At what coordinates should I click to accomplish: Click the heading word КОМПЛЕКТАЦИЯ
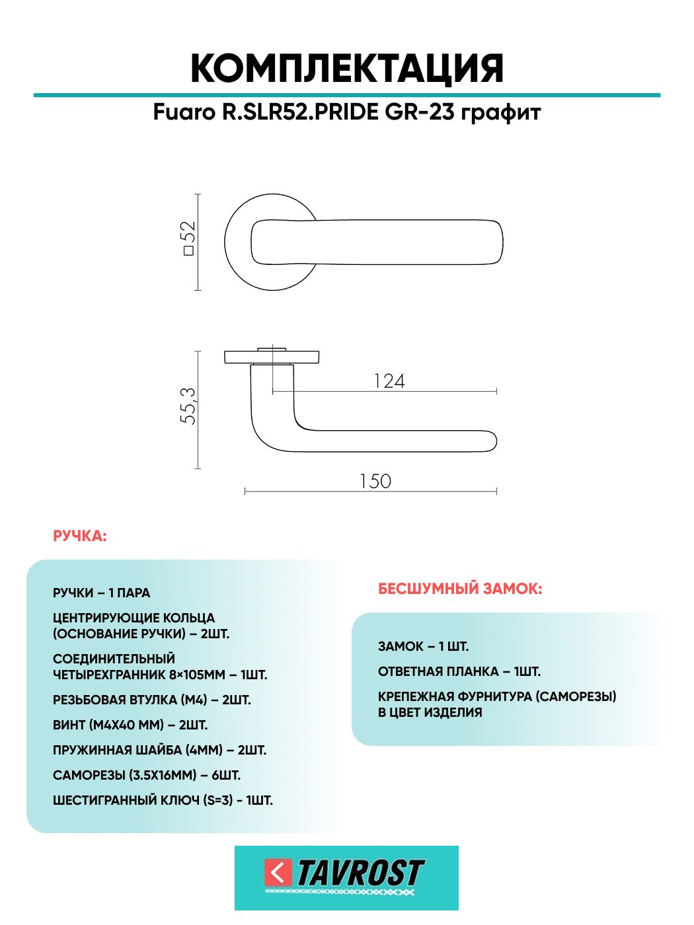347,69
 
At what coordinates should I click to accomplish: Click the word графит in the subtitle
500,112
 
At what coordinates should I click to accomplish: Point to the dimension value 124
389,381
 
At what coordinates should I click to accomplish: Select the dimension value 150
375,481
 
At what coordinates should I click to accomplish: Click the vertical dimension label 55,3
188,406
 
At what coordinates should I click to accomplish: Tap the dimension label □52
188,239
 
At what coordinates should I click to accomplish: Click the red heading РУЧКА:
80,536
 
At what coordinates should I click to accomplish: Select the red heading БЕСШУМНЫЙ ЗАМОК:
460,589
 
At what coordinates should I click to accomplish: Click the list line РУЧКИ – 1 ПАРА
101,593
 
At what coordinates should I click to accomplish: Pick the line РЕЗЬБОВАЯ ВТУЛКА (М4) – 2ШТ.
152,700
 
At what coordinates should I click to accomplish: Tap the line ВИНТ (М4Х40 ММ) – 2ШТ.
130,725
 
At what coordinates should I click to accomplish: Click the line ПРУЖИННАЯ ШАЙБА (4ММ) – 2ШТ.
159,750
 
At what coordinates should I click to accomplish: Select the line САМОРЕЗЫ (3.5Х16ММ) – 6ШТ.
147,775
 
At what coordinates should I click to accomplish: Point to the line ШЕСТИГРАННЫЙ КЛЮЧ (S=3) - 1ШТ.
163,800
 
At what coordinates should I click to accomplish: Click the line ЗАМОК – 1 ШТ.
423,646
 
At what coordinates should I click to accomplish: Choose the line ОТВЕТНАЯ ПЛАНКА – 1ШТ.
459,671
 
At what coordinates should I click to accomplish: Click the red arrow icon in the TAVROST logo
278,872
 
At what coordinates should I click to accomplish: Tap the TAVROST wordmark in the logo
360,873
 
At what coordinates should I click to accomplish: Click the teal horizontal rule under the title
347,95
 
